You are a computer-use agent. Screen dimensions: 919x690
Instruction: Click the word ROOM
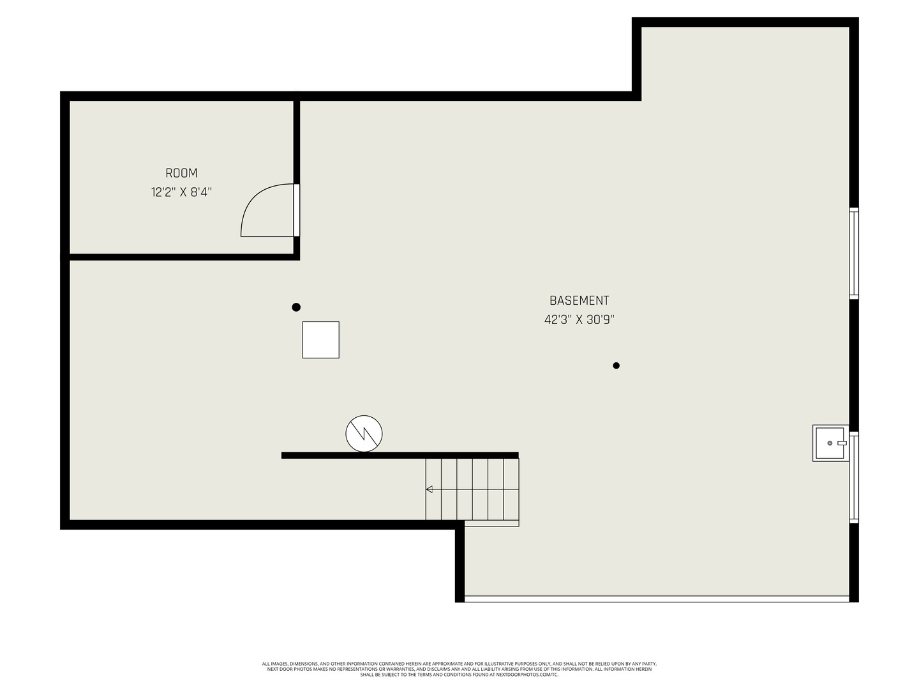(181, 173)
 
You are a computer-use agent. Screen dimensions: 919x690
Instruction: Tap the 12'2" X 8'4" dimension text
(181, 192)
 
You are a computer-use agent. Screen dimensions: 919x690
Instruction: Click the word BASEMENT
(579, 300)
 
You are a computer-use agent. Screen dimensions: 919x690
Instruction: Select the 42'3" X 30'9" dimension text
(579, 319)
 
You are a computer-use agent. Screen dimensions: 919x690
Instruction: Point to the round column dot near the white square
(296, 307)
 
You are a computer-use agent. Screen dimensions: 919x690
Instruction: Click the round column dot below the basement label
(616, 365)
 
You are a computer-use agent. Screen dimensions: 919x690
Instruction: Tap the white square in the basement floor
(321, 340)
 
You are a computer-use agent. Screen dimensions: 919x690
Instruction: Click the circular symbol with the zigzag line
(364, 434)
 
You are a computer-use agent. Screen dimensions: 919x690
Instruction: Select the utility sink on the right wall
(831, 443)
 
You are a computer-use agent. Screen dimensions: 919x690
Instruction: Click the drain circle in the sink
(830, 443)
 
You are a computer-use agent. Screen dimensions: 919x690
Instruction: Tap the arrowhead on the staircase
(429, 489)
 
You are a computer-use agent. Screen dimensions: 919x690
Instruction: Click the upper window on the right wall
(854, 253)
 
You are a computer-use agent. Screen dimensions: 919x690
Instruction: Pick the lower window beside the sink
(854, 477)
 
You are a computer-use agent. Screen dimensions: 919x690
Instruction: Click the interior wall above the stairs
(400, 455)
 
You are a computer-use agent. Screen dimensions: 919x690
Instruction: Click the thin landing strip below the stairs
(491, 523)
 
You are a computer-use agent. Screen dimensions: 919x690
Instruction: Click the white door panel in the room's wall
(296, 210)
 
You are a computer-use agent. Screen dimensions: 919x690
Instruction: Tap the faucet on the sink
(842, 443)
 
